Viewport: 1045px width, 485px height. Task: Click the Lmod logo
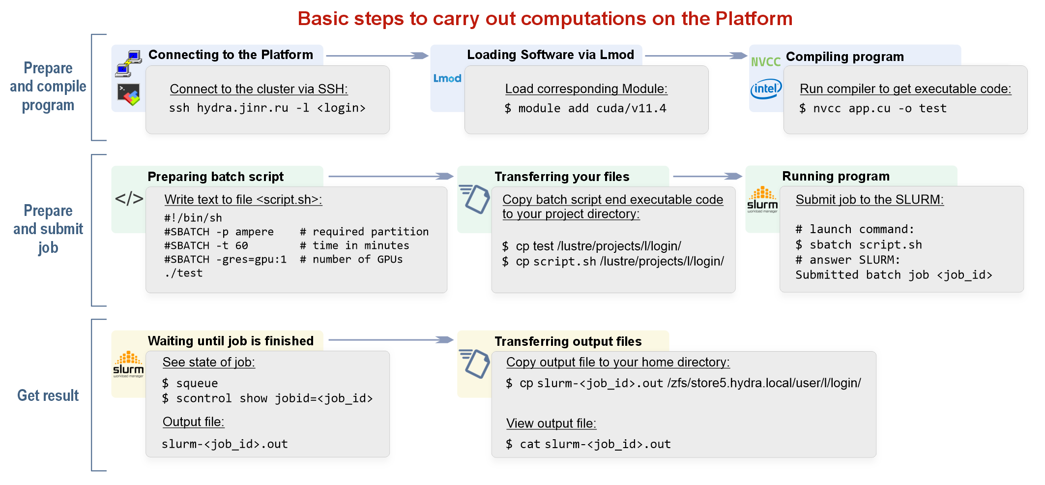coord(447,78)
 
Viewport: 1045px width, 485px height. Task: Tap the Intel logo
coord(766,89)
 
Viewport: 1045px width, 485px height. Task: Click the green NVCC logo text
coord(765,62)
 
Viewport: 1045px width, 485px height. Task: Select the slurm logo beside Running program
coord(762,200)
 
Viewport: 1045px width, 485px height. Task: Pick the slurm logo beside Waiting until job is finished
coord(128,364)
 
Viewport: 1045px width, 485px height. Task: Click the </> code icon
coord(129,199)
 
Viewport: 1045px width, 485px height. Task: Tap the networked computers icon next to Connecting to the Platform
coord(128,64)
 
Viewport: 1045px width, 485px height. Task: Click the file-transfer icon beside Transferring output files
coord(474,364)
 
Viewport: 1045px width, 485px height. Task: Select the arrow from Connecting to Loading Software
coord(377,56)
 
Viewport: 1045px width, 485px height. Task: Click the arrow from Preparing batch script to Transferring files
coord(391,176)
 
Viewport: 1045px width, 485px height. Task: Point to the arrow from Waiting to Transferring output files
coord(391,339)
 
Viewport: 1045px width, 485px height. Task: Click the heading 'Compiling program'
coord(844,57)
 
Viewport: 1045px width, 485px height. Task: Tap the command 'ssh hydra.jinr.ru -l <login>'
coord(267,108)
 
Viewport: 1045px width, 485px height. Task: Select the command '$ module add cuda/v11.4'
coord(585,108)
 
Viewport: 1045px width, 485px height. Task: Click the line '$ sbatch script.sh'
coord(859,244)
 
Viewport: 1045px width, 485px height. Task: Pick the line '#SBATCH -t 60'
coord(206,245)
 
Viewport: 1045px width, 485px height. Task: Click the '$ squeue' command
coord(190,383)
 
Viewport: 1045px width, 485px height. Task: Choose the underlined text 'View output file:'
coord(551,424)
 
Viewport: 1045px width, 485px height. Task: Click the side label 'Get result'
coord(48,395)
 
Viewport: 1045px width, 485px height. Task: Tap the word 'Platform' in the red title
coord(754,19)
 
